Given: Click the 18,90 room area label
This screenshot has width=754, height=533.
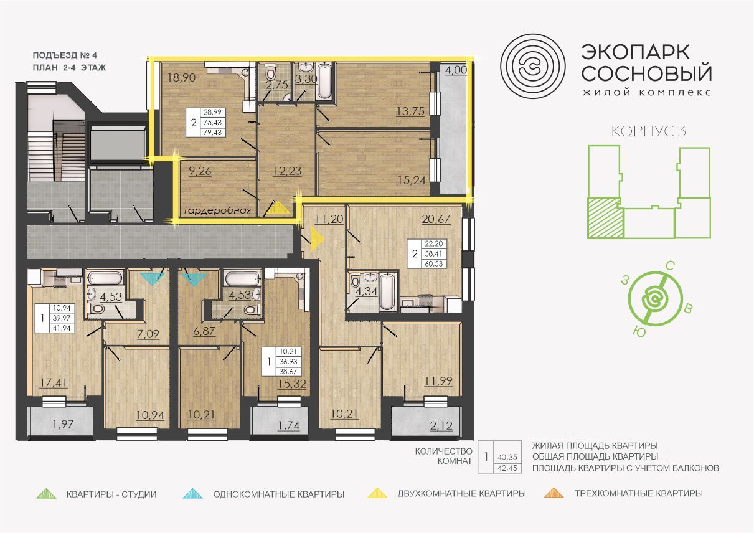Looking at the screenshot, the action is (181, 78).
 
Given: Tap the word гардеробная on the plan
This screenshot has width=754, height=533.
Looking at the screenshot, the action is (217, 211).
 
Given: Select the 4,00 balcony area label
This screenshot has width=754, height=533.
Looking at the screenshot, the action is (456, 70).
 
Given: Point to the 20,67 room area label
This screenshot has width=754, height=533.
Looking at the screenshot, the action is (436, 219).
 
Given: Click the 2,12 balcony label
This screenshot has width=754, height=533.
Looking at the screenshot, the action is (441, 426).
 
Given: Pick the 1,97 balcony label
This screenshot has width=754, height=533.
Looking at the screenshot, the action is (63, 424).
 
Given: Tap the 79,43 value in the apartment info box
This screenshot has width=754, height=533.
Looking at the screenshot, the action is (212, 133).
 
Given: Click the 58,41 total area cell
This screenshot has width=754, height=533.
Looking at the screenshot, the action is (433, 253).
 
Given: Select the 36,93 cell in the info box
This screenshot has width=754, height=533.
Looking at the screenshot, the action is (288, 362).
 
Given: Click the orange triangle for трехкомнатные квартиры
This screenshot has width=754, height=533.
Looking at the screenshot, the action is (554, 493).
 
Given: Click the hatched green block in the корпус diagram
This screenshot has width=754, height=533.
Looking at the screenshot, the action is (605, 217).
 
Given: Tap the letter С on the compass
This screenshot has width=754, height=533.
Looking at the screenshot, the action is (670, 266).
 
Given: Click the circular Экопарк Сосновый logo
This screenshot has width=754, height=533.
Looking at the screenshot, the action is (532, 66).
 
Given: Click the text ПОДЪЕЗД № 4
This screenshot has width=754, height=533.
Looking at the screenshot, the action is (65, 55).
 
